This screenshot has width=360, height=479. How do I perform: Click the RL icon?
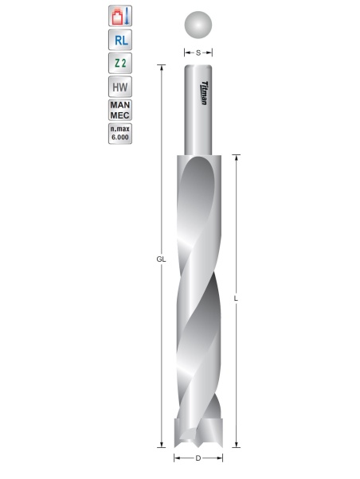[x=119, y=40]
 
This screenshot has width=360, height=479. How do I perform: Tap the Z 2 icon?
[x=119, y=64]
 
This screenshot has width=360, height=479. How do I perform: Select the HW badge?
[x=119, y=89]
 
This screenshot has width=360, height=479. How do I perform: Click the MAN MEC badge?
[x=119, y=111]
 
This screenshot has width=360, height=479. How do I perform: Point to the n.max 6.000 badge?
[x=119, y=133]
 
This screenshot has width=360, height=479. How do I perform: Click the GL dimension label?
[x=161, y=259]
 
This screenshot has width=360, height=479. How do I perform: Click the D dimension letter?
[x=198, y=458]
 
